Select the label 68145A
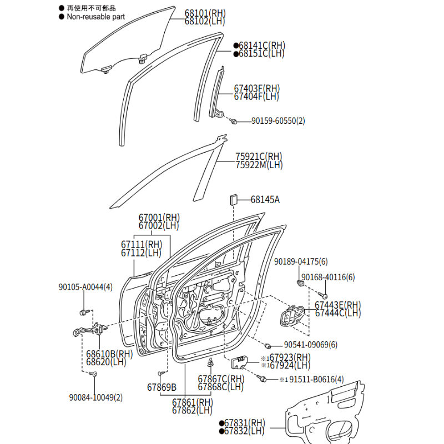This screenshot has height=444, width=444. [265, 199]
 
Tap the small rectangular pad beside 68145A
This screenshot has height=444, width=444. [233, 199]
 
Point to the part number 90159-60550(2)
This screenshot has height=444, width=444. [278, 120]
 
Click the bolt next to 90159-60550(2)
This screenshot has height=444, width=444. [235, 121]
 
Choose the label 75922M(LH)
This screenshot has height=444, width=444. [259, 165]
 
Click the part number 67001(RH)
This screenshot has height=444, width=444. [159, 218]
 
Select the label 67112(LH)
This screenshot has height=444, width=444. [141, 253]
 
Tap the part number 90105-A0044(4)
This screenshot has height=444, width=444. [85, 287]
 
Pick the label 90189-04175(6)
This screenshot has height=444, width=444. [301, 261]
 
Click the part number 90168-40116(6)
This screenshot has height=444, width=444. [328, 277]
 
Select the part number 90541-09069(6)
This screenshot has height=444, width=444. [310, 345]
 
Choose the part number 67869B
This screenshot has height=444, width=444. [162, 387]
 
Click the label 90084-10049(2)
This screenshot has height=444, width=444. [96, 397]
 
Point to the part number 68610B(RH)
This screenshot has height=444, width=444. [109, 354]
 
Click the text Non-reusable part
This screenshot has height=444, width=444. [95, 17]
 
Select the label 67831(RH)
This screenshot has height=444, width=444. [245, 423]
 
